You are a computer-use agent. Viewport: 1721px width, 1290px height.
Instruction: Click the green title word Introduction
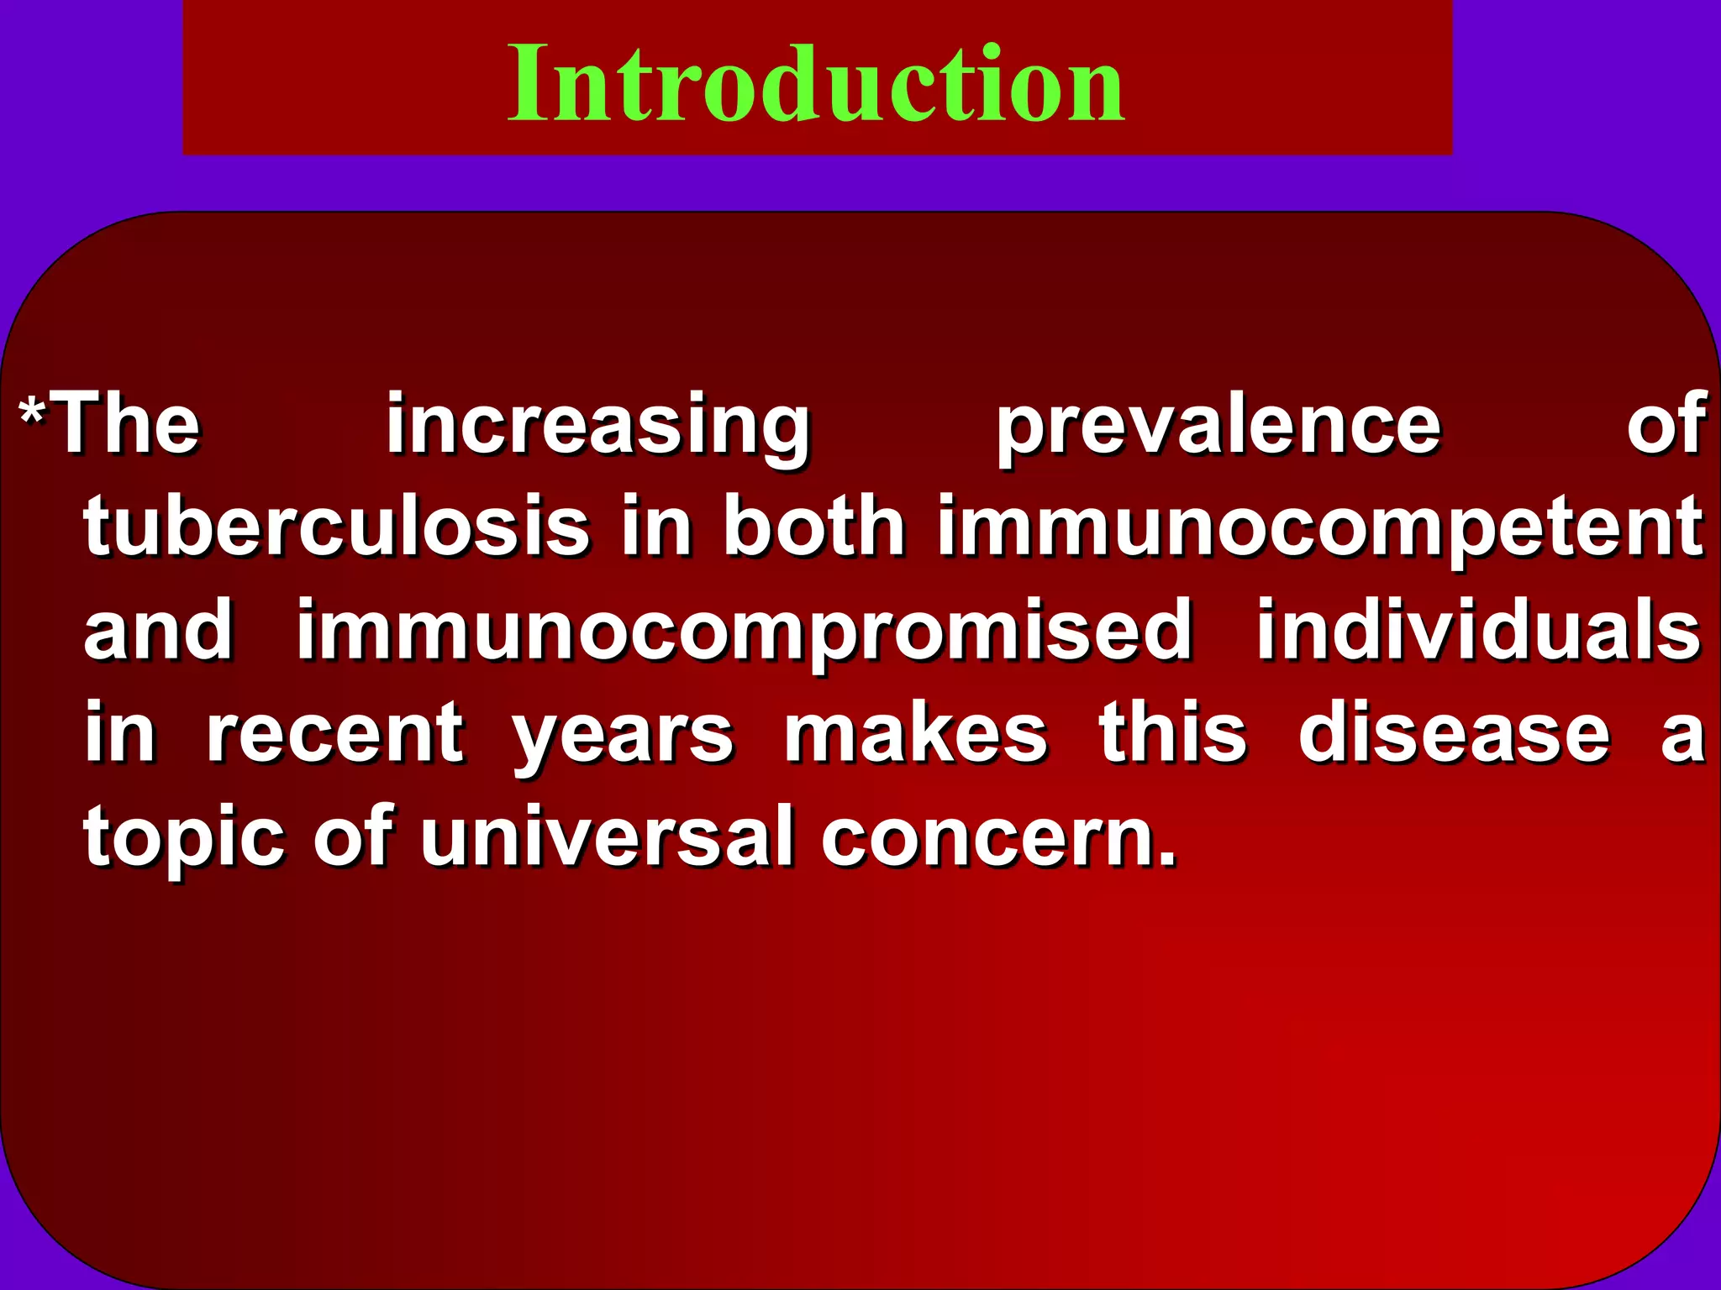[816, 84]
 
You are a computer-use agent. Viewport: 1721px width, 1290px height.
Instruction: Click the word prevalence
[1218, 426]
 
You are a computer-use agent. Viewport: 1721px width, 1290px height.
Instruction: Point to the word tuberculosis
[336, 527]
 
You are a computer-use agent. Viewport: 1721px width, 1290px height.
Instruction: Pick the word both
[814, 527]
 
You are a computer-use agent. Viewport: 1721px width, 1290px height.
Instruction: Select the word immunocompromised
[745, 632]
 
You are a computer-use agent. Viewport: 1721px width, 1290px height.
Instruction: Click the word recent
[334, 734]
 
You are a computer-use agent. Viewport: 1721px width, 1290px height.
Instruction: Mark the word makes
[916, 733]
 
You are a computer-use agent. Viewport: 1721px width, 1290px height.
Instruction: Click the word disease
[1454, 733]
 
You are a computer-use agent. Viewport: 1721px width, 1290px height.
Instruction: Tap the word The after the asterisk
[126, 424]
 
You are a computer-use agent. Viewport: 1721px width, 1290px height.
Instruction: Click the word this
[1173, 733]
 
